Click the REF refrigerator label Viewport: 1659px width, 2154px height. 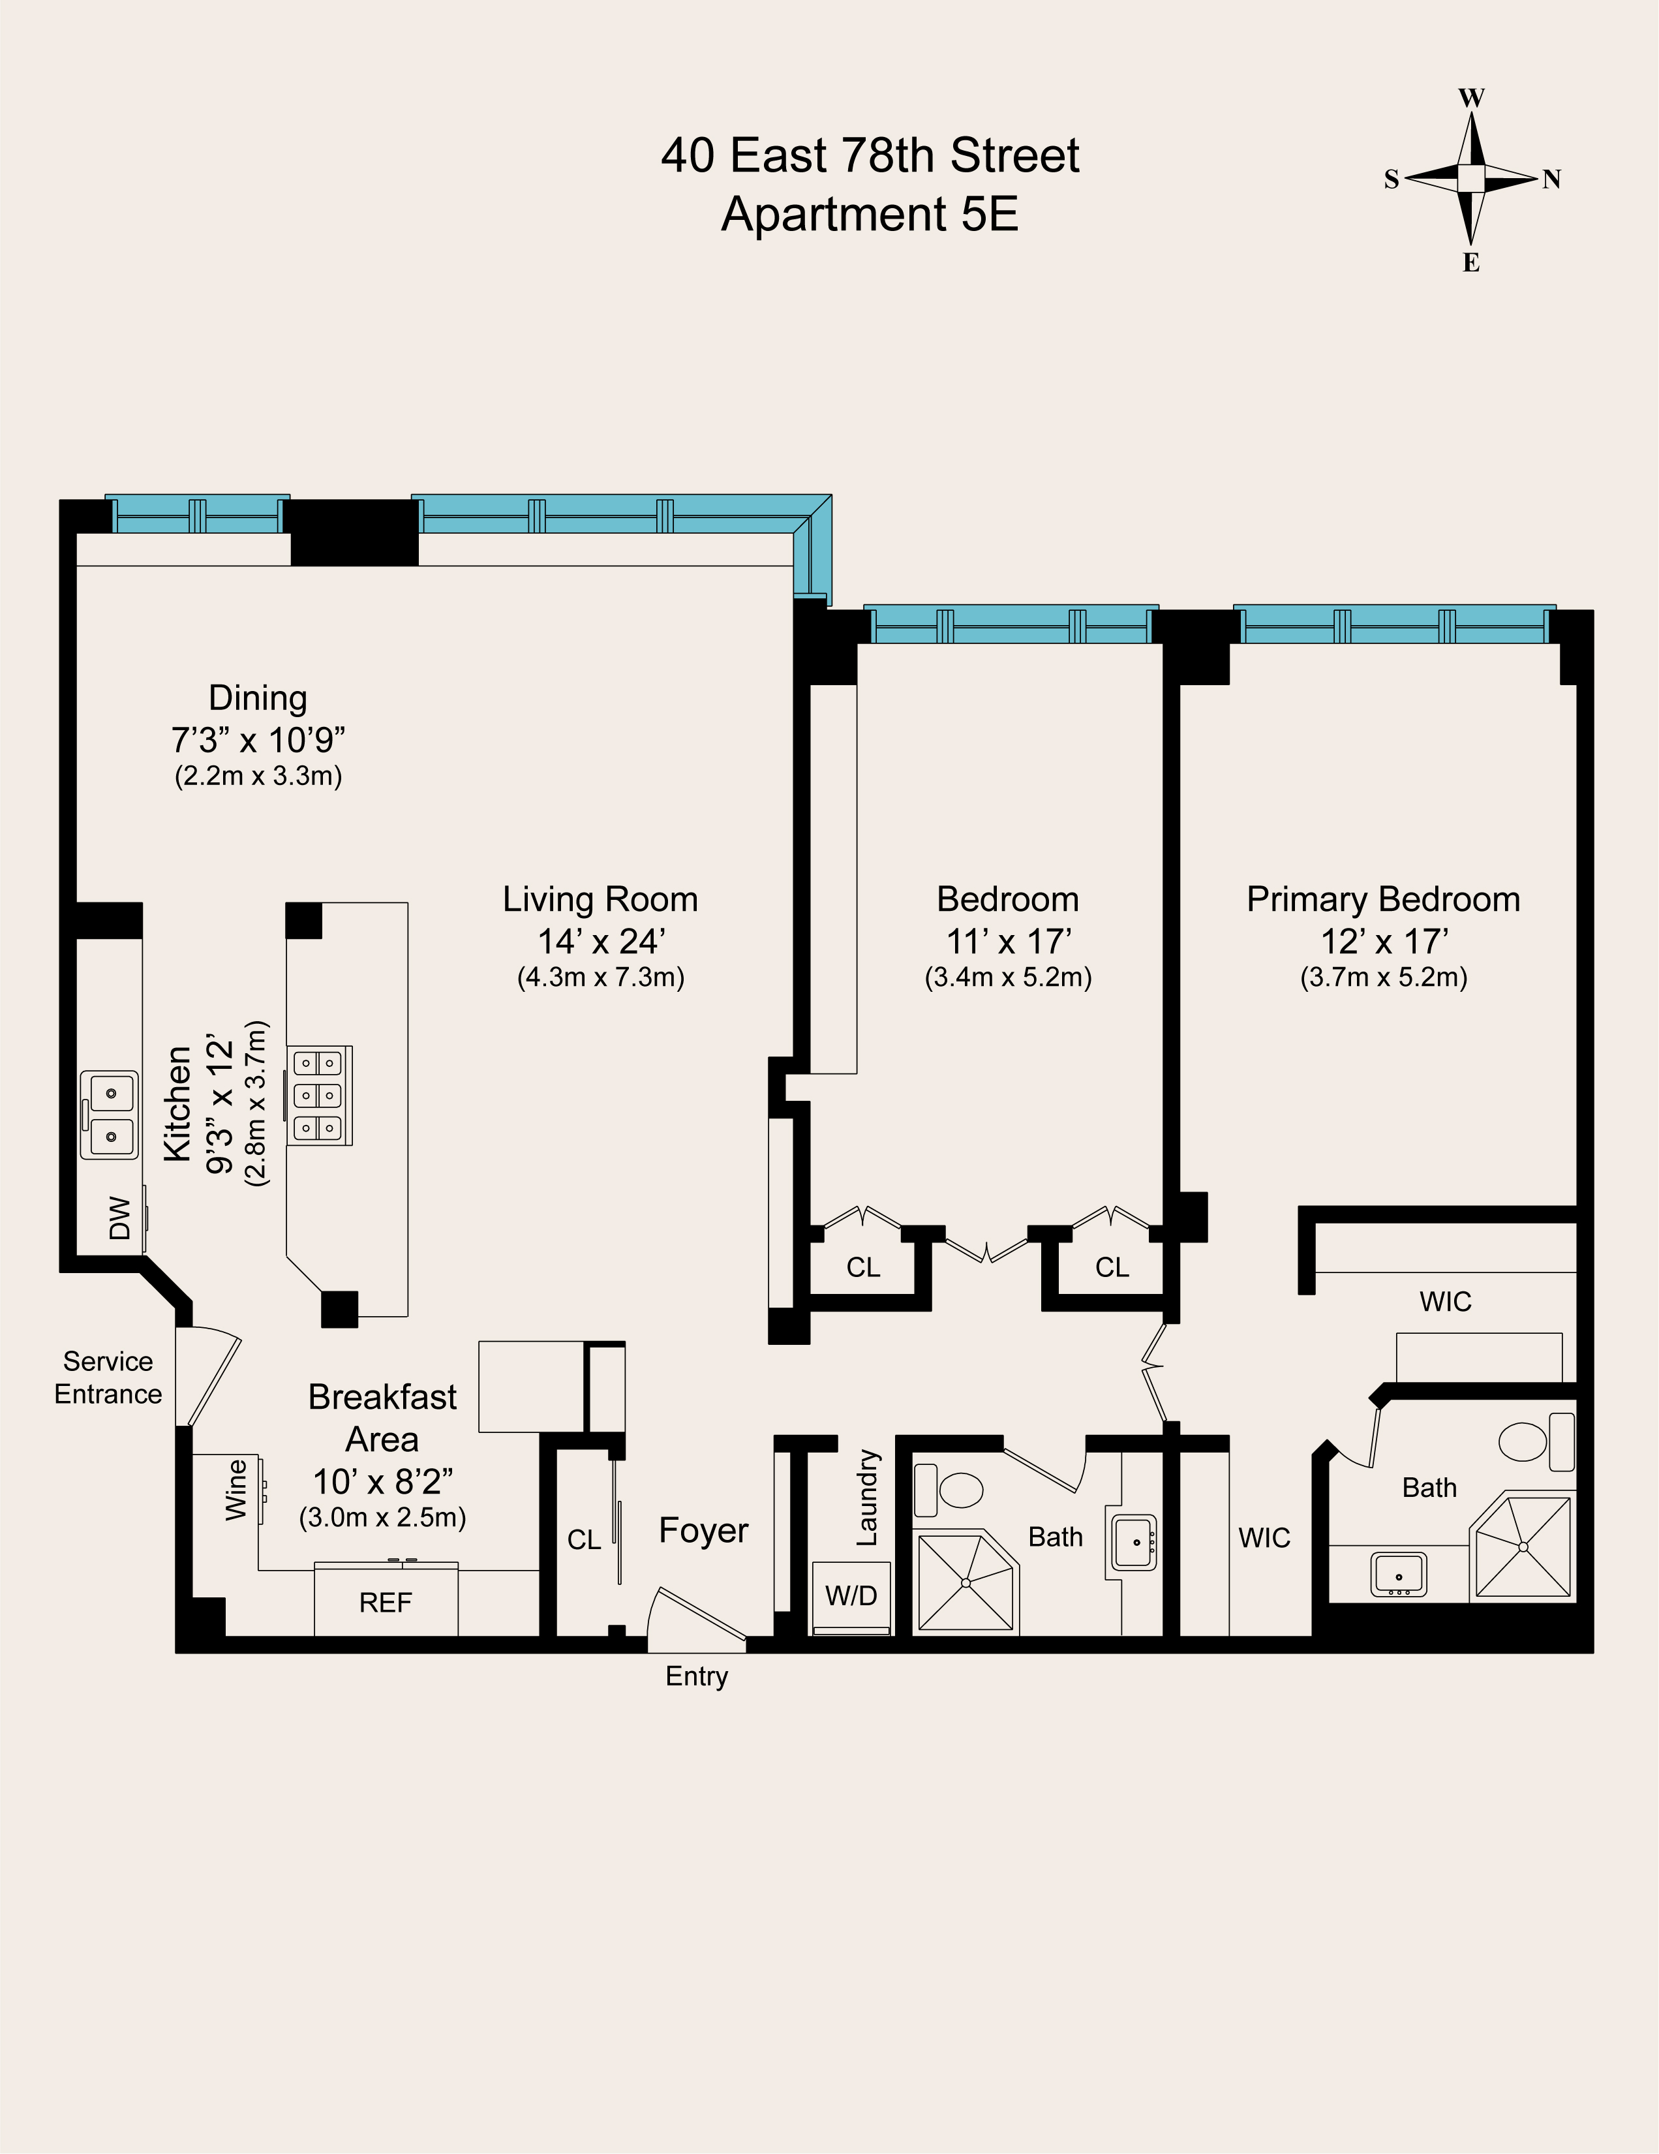point(385,1603)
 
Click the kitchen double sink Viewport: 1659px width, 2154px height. point(110,1115)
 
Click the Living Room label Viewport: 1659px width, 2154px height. point(601,899)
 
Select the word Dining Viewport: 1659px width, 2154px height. point(258,698)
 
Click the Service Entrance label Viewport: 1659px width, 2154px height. point(108,1377)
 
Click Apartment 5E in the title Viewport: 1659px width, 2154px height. point(870,214)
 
